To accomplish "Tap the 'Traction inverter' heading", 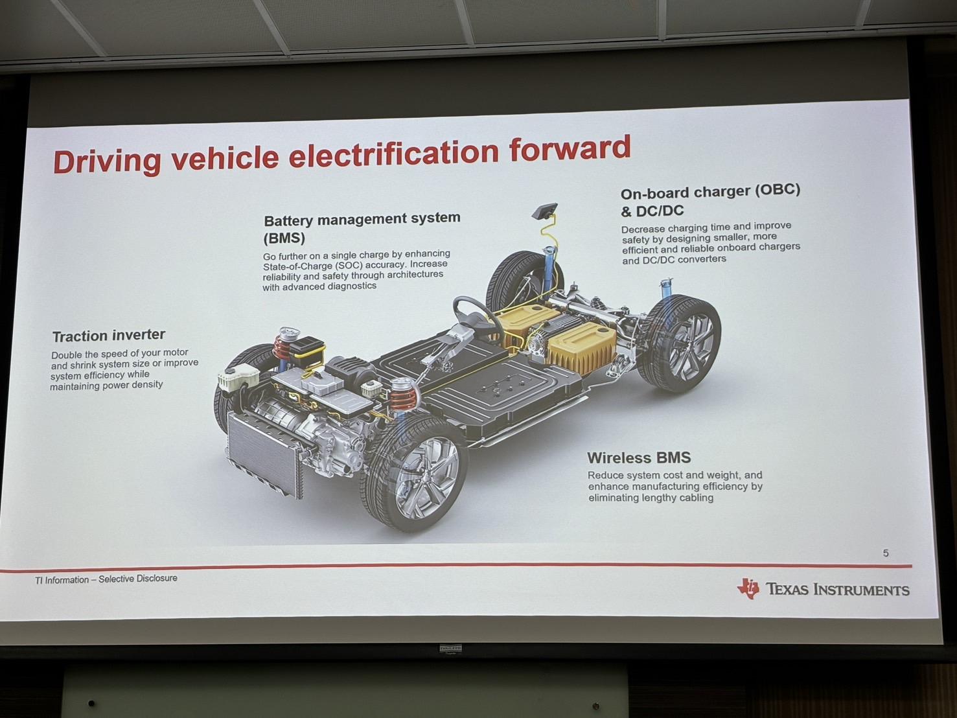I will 108,336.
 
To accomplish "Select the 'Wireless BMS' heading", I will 638,457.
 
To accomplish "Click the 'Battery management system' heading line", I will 362,219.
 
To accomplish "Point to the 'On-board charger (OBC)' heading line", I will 710,192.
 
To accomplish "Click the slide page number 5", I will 885,553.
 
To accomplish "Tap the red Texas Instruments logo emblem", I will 748,588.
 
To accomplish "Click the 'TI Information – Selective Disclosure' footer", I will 106,579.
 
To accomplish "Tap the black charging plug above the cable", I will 544,211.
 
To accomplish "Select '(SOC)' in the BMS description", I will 349,266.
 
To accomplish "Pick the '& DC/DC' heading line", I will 652,211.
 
